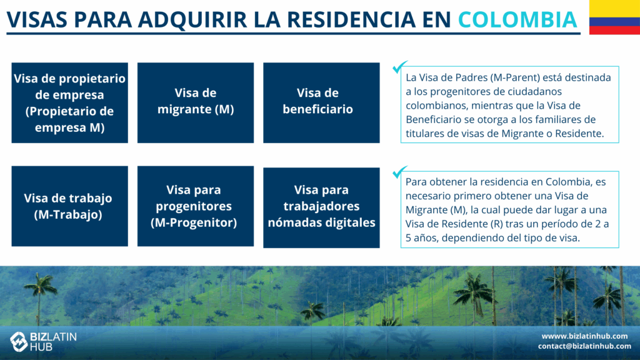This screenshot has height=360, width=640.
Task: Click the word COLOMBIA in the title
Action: pos(517,19)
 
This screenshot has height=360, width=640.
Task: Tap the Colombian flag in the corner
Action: pos(615,17)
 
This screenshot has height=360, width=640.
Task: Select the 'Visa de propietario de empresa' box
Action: pos(70,103)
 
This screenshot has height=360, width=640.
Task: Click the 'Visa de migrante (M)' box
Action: pos(196,103)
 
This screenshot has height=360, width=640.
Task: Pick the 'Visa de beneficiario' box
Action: pos(321,103)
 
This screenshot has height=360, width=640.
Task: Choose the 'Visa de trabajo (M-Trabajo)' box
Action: pos(70,206)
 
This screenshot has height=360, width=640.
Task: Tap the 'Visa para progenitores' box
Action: pos(196,206)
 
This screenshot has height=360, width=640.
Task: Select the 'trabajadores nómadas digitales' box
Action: pos(321,207)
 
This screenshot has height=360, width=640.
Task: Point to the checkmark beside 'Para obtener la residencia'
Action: pos(399,172)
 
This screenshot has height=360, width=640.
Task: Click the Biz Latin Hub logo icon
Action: pos(19,342)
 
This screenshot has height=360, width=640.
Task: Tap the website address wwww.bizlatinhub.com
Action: pos(584,336)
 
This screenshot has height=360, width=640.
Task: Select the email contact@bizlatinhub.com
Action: pos(584,346)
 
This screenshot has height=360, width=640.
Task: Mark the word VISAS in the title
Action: pos(37,19)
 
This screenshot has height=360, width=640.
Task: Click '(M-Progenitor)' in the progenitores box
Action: pos(194,222)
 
